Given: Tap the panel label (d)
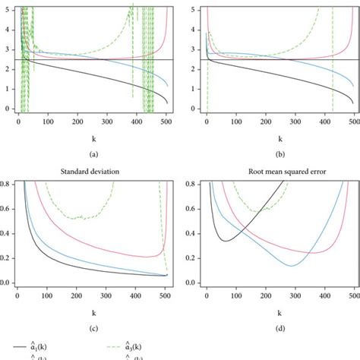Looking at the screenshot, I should pyautogui.click(x=281, y=328).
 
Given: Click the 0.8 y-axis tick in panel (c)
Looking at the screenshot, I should pyautogui.click(x=5, y=184).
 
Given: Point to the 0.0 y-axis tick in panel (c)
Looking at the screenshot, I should pyautogui.click(x=5, y=283).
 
